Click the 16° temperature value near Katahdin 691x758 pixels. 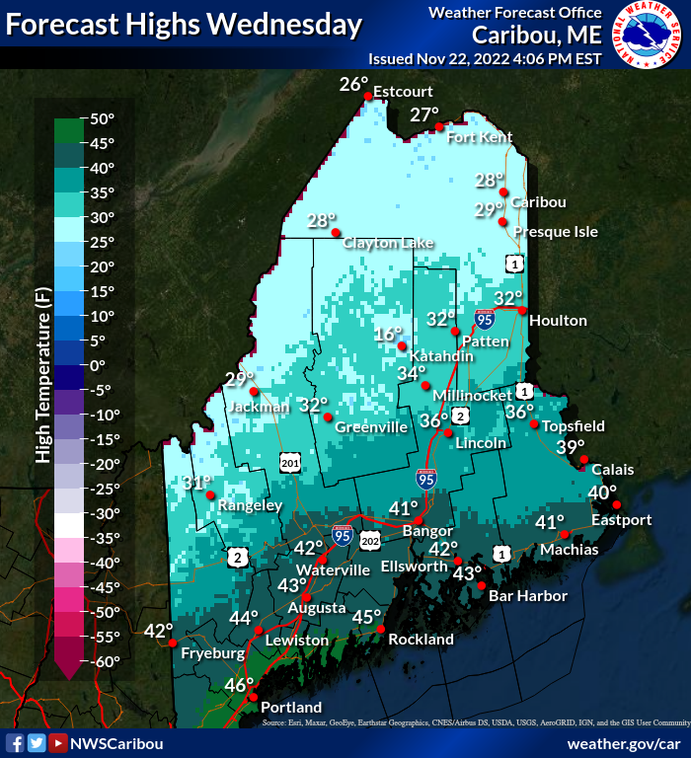click(389, 335)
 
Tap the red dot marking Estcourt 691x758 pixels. click(368, 96)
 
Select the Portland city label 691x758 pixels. click(290, 708)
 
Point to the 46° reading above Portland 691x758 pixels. click(239, 685)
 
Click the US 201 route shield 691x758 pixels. click(289, 463)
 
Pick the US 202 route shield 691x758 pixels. click(370, 540)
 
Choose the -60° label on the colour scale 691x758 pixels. click(102, 661)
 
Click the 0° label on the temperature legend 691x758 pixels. click(98, 365)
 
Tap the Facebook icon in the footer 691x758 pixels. click(15, 743)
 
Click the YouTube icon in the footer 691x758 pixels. click(58, 743)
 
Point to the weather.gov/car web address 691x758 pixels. click(624, 743)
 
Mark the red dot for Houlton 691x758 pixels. click(522, 310)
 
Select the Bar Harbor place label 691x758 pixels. click(528, 596)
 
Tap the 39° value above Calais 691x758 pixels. click(570, 447)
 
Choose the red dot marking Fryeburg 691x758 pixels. click(174, 643)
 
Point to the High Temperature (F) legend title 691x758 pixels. click(42, 385)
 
